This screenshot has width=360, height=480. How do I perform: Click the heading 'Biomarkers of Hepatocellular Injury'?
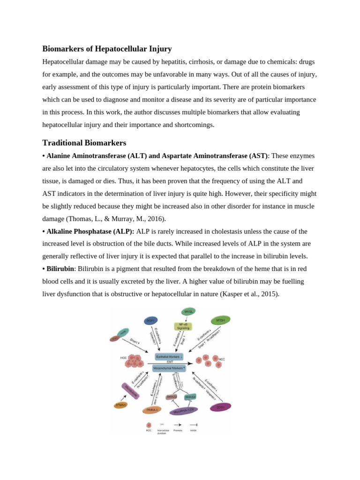(107, 49)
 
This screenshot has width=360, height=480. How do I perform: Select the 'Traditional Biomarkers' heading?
(84, 142)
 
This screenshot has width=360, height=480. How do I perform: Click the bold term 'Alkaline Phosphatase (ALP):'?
(90, 231)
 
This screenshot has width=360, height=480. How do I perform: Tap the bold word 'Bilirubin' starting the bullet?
(60, 269)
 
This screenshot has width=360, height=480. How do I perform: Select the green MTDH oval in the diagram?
(220, 321)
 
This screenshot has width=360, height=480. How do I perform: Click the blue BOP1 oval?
(151, 321)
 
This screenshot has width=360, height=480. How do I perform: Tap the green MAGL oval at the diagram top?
(188, 311)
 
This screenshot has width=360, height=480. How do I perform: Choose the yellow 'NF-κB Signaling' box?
(183, 326)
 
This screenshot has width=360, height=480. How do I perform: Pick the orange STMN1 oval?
(120, 405)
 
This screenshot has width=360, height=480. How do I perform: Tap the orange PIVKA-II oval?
(152, 410)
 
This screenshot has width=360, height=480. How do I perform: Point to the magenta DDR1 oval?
(220, 407)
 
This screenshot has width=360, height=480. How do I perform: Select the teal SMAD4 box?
(190, 397)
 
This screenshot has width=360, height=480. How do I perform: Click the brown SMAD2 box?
(172, 397)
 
